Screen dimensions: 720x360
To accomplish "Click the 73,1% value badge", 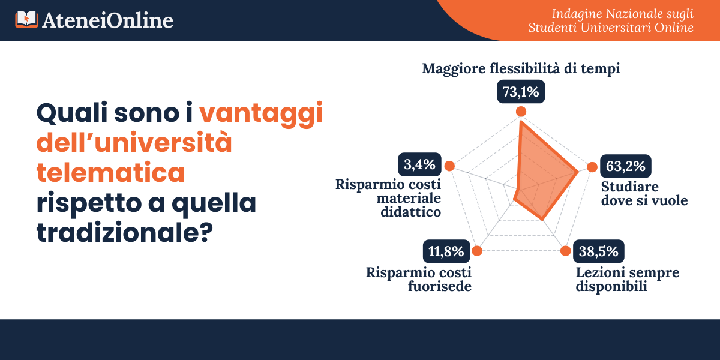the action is point(521,92).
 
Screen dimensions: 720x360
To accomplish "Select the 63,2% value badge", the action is point(625,166).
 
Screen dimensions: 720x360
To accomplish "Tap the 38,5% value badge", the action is point(599,251).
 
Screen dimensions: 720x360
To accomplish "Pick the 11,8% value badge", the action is point(446,251).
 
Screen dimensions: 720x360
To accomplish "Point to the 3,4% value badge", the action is point(419,164).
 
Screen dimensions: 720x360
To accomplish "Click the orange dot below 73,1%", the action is point(521,112).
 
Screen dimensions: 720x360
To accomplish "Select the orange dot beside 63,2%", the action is point(592,167).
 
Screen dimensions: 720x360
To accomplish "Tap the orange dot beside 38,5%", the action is point(565,251).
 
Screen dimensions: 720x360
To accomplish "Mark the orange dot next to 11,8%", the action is point(477,251).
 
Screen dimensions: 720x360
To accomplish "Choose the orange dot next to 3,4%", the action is point(449,166).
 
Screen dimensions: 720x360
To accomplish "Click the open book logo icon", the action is point(26,19).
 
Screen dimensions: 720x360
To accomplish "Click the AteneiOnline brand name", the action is point(107,20).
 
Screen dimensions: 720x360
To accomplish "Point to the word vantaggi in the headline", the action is point(261,114).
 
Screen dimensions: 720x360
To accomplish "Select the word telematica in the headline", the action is point(110,172).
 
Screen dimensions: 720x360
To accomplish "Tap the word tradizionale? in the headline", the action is point(125,232).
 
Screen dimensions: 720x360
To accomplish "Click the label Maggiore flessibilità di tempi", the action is point(521,69).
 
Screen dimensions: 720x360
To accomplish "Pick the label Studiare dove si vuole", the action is point(644,193).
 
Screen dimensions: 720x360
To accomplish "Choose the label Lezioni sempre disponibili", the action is point(628,280).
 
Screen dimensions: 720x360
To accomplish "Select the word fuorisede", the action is point(440,286).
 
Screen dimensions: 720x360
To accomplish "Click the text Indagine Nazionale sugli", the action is point(623,14).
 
